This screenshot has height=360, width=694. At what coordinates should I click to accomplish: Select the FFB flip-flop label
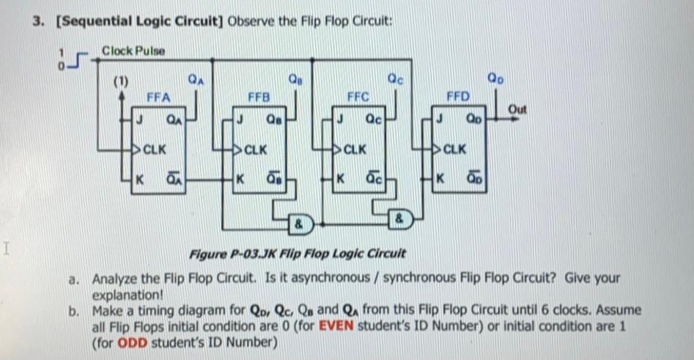[259, 96]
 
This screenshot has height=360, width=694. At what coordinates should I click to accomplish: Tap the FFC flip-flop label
[358, 96]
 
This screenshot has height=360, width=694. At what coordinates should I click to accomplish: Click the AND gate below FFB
[300, 220]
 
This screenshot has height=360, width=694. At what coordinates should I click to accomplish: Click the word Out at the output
[517, 109]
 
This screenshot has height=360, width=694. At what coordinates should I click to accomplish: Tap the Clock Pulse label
[133, 51]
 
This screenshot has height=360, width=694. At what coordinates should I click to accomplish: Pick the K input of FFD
[440, 179]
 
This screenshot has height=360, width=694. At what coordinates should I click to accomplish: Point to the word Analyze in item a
[117, 279]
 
